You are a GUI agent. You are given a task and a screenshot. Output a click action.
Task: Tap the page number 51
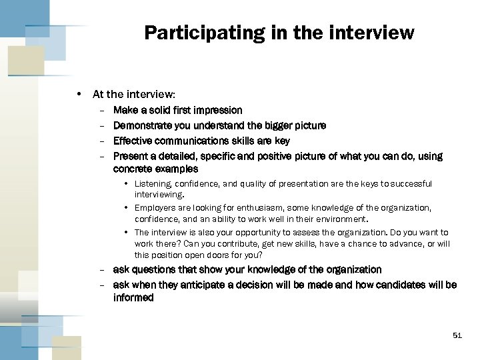[457, 335]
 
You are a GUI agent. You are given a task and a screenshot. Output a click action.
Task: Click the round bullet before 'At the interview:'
[80, 95]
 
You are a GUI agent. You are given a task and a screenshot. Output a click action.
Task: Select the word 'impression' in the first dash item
[218, 109]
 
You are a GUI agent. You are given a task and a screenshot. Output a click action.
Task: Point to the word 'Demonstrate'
[141, 125]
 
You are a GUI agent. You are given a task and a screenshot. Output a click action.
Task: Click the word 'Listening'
[153, 183]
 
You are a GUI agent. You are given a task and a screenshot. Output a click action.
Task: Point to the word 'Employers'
[155, 208]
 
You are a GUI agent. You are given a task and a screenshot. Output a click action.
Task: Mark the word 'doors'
[228, 255]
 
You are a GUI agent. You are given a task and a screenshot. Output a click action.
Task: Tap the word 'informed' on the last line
[133, 298]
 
